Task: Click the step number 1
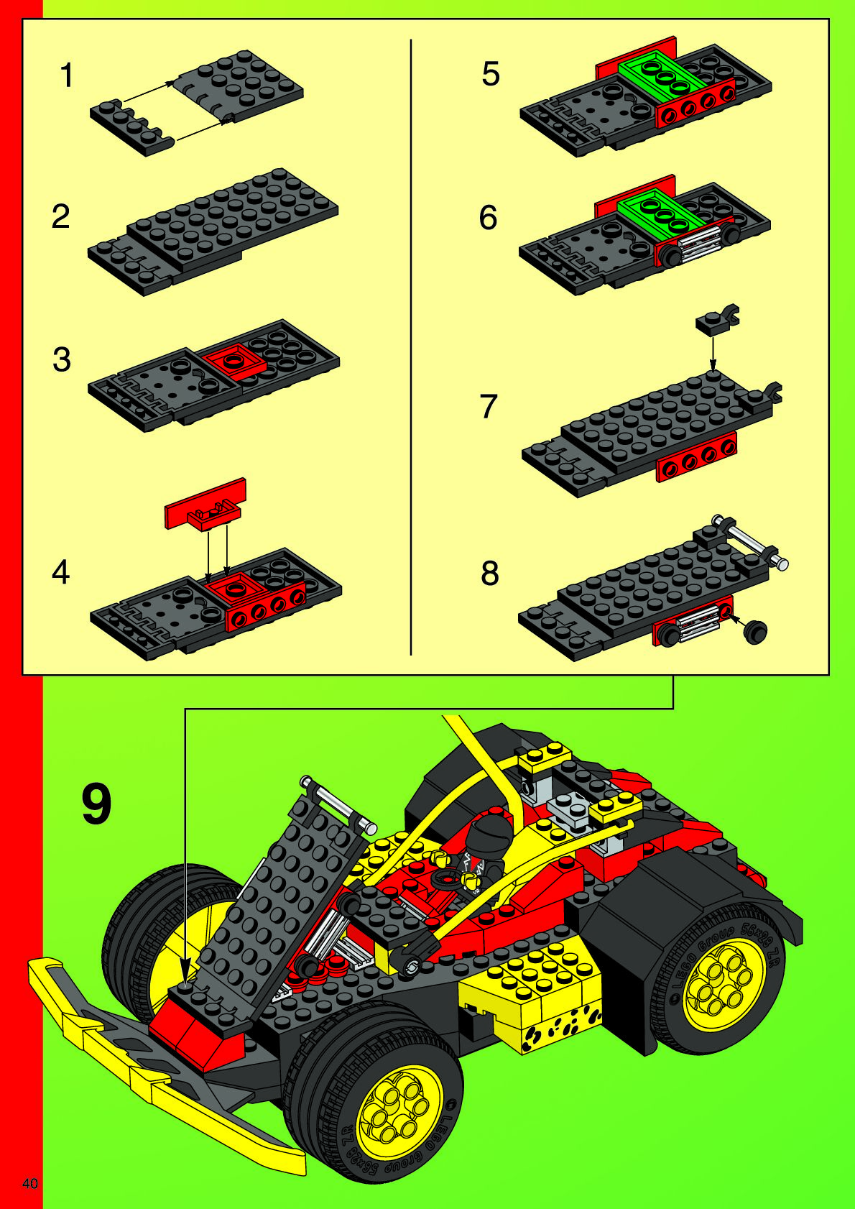[x=67, y=75]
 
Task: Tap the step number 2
[x=61, y=216]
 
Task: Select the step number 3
[x=62, y=359]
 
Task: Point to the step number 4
[x=61, y=572]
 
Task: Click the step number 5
[x=490, y=74]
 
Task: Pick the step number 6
[x=488, y=218]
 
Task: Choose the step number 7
[x=489, y=406]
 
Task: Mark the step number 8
[x=490, y=573]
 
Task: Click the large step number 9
[x=97, y=805]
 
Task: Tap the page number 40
[x=30, y=1184]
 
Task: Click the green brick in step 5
[x=662, y=76]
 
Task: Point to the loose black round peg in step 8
[x=756, y=632]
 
